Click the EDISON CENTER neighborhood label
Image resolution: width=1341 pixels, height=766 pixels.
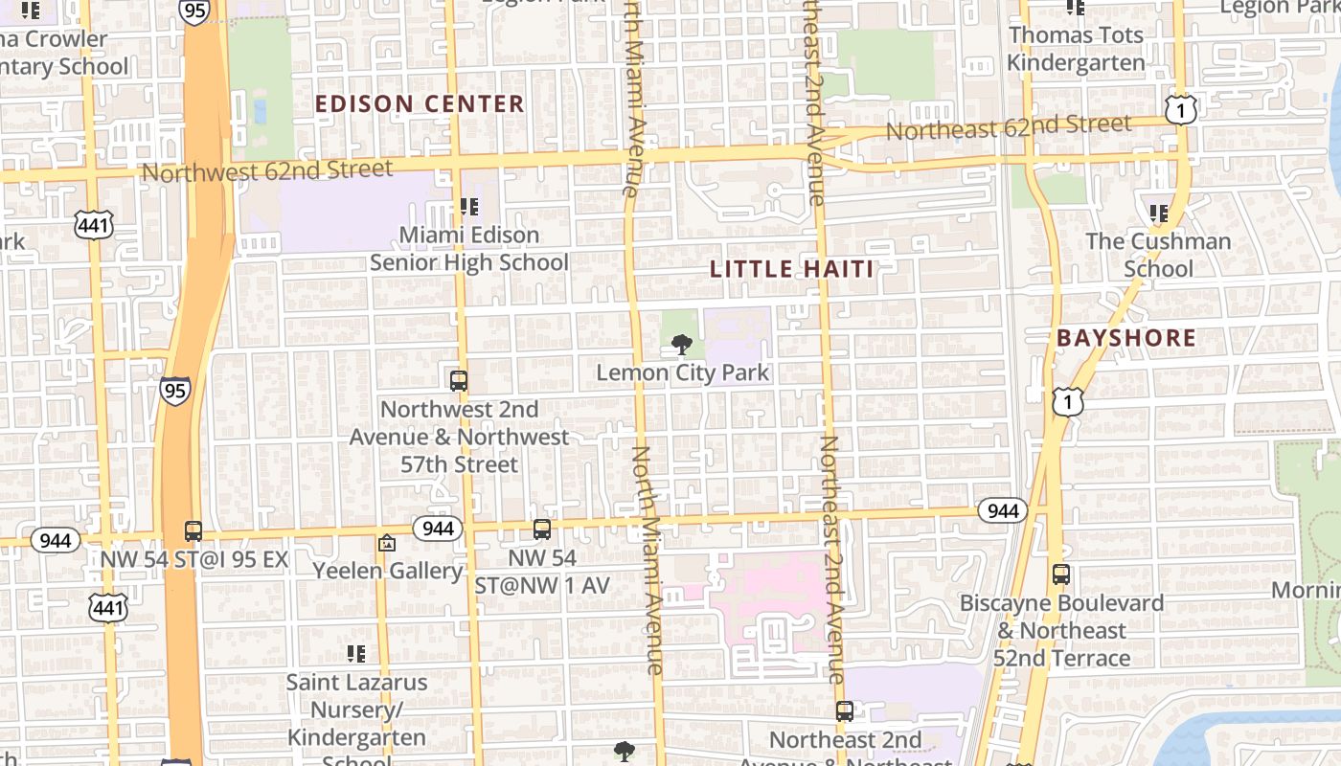[420, 103]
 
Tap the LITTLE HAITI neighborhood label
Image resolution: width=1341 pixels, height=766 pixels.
[792, 269]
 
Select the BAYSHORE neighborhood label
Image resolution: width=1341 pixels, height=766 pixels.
[1126, 338]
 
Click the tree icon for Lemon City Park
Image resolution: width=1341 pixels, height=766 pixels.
[682, 344]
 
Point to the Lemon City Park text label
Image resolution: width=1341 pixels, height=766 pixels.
[683, 372]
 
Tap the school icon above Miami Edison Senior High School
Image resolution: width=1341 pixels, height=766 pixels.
[469, 206]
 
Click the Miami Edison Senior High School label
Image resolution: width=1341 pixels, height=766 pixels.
[469, 248]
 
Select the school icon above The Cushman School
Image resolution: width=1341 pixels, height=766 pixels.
[1159, 213]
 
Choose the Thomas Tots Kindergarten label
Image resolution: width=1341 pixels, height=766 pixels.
[1077, 49]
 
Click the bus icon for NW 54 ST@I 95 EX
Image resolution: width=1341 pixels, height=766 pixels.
[193, 530]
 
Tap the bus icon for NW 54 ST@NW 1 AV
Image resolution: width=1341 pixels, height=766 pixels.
[542, 529]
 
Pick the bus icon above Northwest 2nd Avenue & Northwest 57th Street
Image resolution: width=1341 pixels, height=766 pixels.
[459, 380]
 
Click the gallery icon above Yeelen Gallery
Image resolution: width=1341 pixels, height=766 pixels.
[387, 543]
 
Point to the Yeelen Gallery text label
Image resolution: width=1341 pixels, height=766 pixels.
[388, 571]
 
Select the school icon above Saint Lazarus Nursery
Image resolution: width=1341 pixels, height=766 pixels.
[356, 654]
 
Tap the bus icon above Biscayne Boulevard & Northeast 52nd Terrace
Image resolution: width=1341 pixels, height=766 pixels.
[1061, 574]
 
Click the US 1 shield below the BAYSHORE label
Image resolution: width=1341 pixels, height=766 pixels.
[1068, 401]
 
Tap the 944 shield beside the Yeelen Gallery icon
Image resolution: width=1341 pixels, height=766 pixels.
[438, 528]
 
